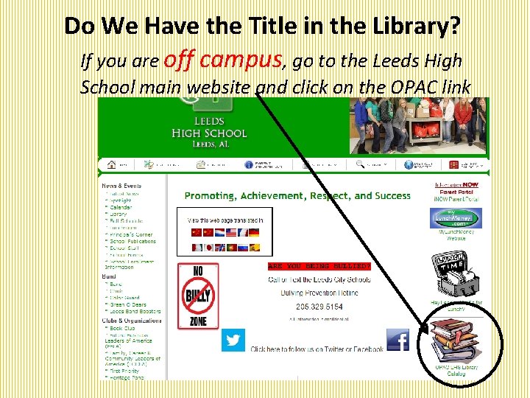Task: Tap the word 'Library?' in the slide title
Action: tap(415, 27)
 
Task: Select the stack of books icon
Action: tap(454, 341)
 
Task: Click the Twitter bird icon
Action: tap(233, 340)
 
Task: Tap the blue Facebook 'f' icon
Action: tap(397, 341)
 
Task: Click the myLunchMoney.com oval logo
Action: tap(456, 218)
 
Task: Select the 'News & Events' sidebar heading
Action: tap(121, 186)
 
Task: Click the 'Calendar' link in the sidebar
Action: tap(122, 207)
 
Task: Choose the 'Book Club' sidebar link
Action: tap(123, 327)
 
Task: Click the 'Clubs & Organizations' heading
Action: tap(132, 321)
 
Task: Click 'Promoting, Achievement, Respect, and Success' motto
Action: tap(297, 196)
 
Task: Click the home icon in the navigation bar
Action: tap(111, 164)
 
